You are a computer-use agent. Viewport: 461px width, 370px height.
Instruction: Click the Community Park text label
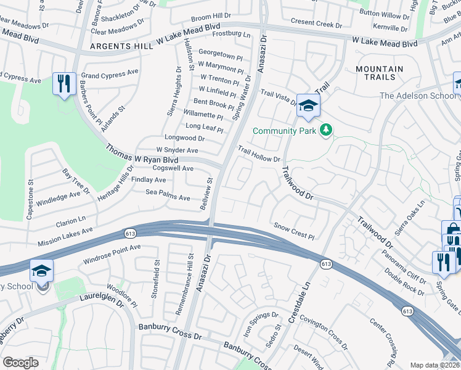pyautogui.click(x=284, y=131)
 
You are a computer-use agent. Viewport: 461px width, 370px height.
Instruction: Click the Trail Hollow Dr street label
pyautogui.click(x=260, y=155)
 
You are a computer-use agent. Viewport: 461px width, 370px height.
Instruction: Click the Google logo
pyautogui.click(x=20, y=363)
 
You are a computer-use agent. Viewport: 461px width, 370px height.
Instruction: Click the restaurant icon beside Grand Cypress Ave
pyautogui.click(x=64, y=83)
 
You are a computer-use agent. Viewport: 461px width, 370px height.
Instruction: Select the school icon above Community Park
pyautogui.click(x=308, y=105)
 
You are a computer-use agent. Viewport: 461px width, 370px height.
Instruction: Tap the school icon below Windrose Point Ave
pyautogui.click(x=41, y=271)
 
